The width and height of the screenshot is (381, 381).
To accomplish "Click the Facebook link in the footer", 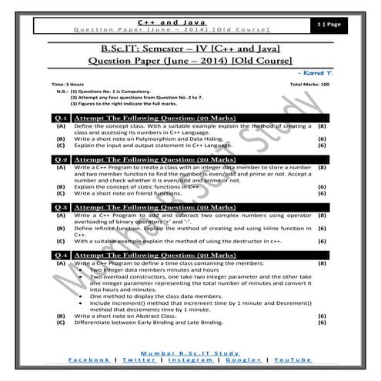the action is (89, 359).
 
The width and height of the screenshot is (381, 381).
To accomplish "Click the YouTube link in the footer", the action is (293, 359).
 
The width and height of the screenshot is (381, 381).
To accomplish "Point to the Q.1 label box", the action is (58, 116).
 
